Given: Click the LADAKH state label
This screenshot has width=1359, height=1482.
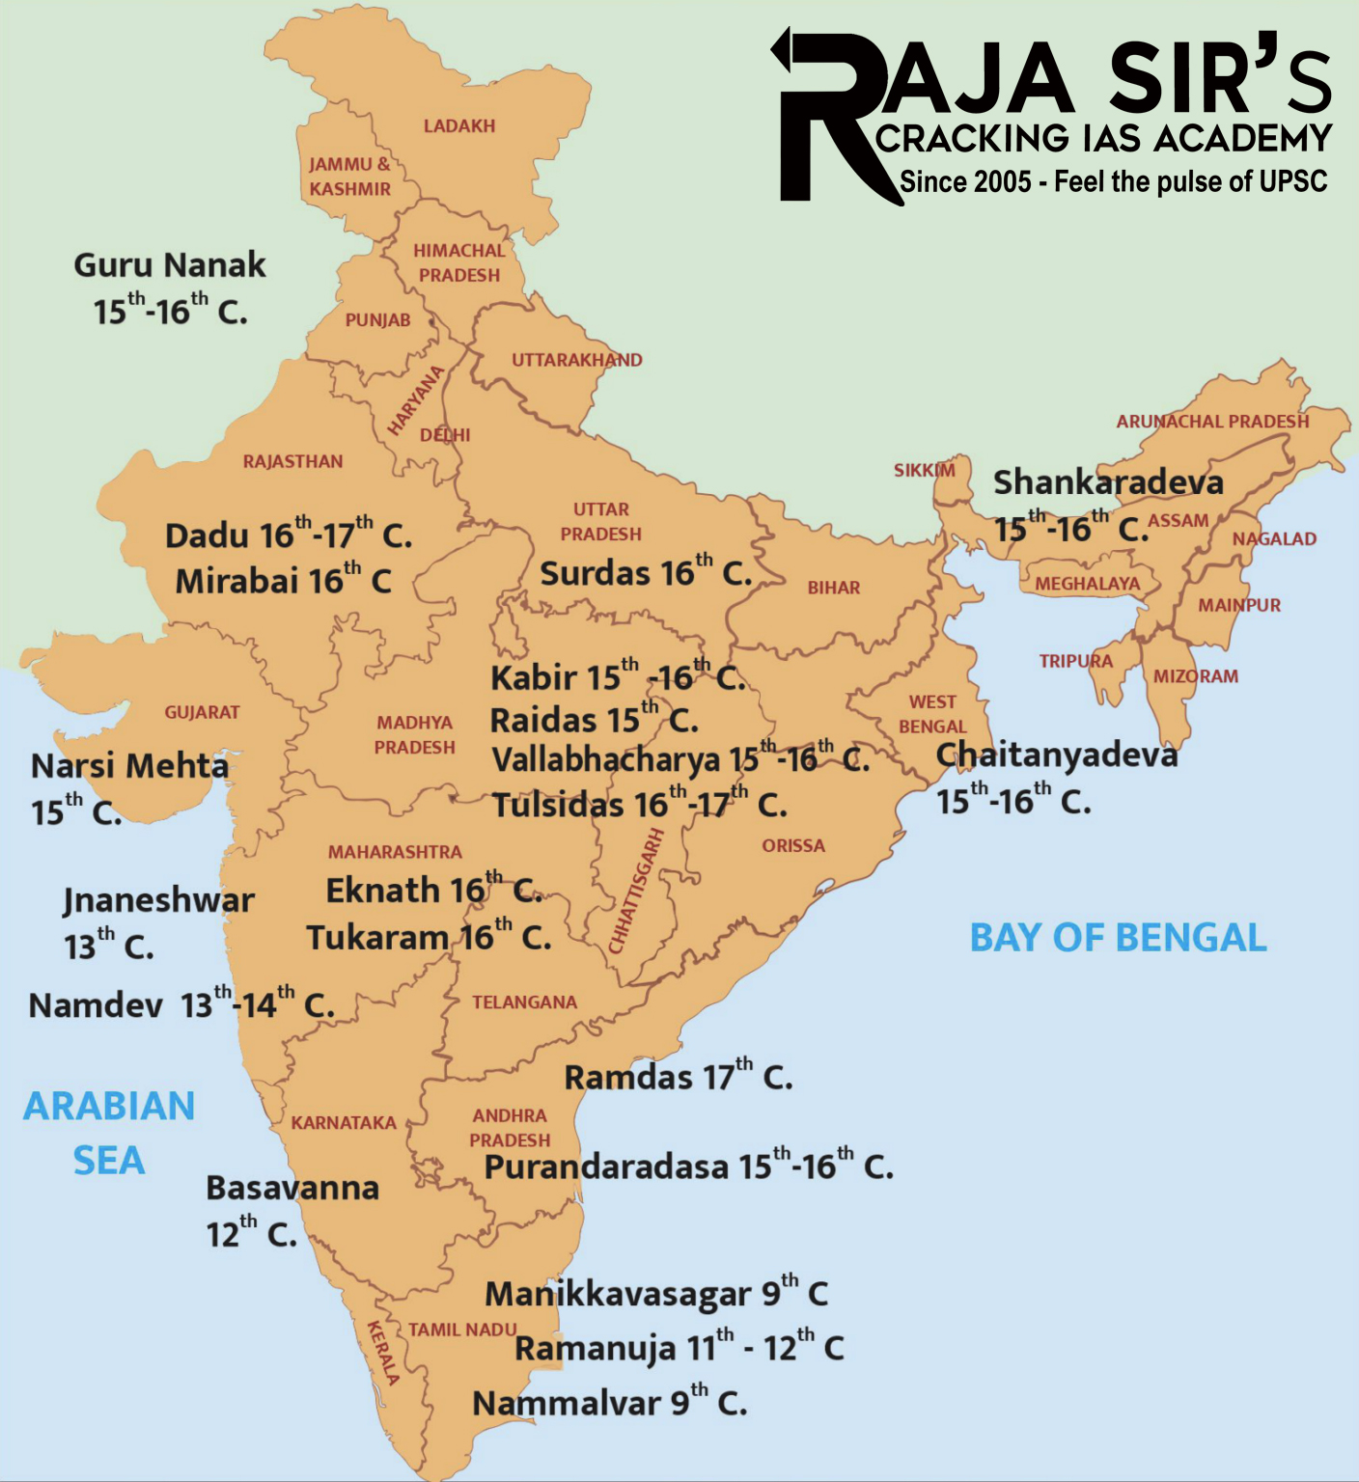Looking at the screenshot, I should tap(458, 126).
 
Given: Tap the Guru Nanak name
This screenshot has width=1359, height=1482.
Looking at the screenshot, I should tap(170, 265).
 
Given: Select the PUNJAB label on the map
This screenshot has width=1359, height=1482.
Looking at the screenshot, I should tap(377, 320).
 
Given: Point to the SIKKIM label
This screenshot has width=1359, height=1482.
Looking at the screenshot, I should tap(924, 471).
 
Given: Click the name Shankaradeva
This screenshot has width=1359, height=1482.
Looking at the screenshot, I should tap(1108, 481).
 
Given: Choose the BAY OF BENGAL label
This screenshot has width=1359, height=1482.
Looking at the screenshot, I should tap(1118, 938).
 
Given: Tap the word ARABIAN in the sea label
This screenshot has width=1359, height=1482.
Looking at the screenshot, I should tap(109, 1107).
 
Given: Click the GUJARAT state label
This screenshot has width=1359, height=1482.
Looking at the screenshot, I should tap(202, 713).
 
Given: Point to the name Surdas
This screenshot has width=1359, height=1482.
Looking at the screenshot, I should tap(595, 574).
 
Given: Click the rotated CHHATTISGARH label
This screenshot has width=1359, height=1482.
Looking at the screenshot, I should tap(636, 892).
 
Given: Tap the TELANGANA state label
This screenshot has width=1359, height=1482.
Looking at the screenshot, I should tap(524, 1002).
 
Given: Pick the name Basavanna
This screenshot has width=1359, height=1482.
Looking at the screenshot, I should tap(292, 1189).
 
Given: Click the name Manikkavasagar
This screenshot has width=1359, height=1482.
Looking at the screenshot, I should tap(618, 1294).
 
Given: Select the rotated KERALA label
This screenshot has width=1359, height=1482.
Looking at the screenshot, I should tap(382, 1353).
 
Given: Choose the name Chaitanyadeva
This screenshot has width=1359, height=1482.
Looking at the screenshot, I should tap(1057, 755).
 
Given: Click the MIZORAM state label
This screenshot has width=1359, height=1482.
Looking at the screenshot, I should tap(1196, 676).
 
